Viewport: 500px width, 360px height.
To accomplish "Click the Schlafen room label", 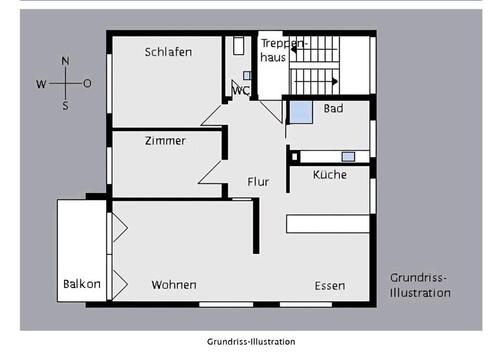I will (x=168, y=52).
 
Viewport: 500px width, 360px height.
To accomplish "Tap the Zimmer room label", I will (x=165, y=141).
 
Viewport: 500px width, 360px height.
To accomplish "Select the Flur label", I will (x=259, y=182).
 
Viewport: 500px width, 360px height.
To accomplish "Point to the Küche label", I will (x=330, y=175).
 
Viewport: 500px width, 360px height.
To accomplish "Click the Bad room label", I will (x=333, y=108).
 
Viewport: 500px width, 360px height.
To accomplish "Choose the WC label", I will (x=240, y=91).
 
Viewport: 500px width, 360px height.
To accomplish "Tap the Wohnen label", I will (x=173, y=285).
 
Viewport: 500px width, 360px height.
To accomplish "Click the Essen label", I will (x=329, y=286).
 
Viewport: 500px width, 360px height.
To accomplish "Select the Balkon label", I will (x=82, y=284).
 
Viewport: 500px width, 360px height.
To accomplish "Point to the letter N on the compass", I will (x=65, y=62).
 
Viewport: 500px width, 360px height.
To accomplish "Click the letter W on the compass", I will (x=42, y=84).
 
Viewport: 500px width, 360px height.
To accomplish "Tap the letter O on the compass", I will (x=87, y=84).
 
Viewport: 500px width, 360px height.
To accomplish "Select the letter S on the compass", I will (x=65, y=105).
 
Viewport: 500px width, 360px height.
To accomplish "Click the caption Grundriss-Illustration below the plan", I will (x=251, y=341).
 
